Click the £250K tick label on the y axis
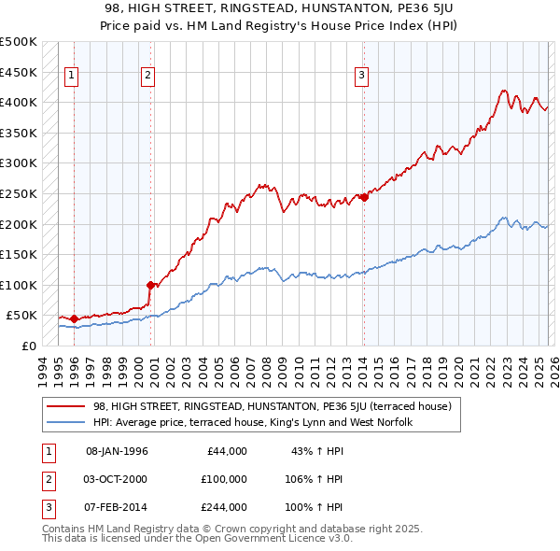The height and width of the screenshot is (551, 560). (x=18, y=194)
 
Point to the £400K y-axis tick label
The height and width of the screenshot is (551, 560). (x=18, y=103)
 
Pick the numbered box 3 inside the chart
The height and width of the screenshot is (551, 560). (x=362, y=78)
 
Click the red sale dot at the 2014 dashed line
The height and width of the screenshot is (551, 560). (x=363, y=197)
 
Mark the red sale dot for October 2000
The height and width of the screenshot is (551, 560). (x=149, y=285)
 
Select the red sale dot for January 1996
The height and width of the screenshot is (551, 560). (x=74, y=318)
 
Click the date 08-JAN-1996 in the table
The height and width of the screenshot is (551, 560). (x=117, y=451)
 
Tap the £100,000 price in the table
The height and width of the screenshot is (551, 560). (x=224, y=479)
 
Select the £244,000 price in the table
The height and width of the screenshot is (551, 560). (x=224, y=507)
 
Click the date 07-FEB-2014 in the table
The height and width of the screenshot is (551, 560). (x=117, y=507)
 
